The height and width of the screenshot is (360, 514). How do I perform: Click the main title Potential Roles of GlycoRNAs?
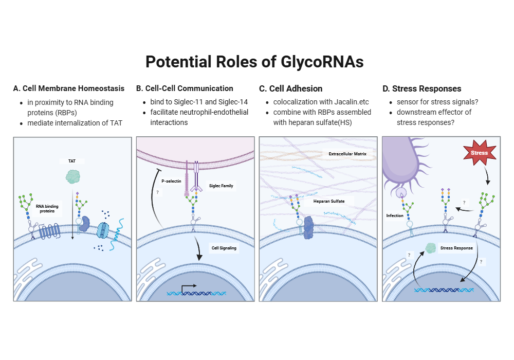point(254,62)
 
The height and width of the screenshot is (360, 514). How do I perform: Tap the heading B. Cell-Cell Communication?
point(185,88)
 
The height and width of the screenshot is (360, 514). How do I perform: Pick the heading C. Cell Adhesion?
point(290,88)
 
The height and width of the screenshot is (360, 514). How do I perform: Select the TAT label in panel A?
point(72,161)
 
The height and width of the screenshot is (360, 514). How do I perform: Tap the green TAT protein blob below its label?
point(73,177)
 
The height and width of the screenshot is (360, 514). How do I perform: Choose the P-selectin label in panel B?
point(171,181)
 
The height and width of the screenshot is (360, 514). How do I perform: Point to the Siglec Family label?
point(222,186)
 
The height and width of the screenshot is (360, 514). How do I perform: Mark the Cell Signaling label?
point(224,248)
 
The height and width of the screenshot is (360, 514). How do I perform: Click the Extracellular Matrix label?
point(347,154)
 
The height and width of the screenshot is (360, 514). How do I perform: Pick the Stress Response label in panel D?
point(456,248)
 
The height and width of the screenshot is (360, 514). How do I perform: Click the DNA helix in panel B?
point(196,293)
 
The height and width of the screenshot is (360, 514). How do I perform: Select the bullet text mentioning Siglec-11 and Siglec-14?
point(199,102)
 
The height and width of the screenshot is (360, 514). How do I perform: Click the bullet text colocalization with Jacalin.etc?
point(321,102)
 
